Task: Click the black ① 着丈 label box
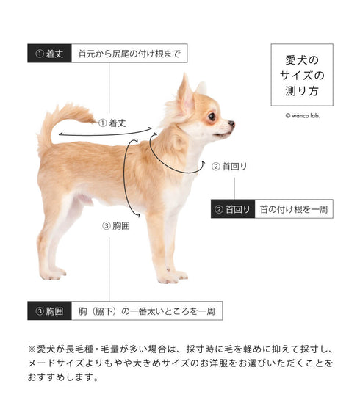pyautogui.click(x=49, y=53)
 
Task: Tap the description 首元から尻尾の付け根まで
pyautogui.click(x=129, y=54)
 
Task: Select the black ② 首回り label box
pyautogui.click(x=233, y=209)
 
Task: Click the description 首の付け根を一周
pyautogui.click(x=294, y=209)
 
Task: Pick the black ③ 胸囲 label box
pyautogui.click(x=49, y=311)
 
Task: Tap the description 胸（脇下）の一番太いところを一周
pyautogui.click(x=147, y=311)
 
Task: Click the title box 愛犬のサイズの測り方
pyautogui.click(x=302, y=75)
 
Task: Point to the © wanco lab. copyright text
pyautogui.click(x=303, y=116)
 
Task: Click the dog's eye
pyautogui.click(x=212, y=117)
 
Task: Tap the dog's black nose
pyautogui.click(x=231, y=123)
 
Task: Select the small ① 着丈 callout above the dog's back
pyautogui.click(x=112, y=123)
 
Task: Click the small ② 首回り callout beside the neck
pyautogui.click(x=229, y=167)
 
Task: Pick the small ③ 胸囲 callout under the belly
pyautogui.click(x=116, y=226)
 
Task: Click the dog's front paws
pyautogui.click(x=173, y=276)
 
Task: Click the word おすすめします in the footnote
pyautogui.click(x=63, y=377)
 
